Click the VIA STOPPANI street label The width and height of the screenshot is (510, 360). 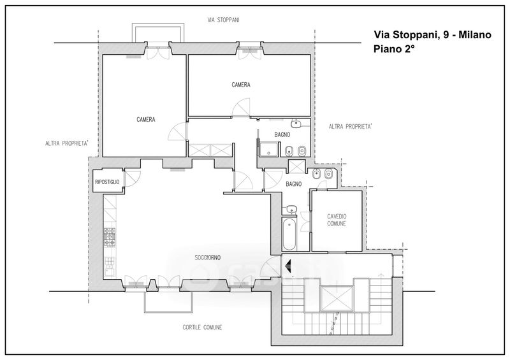click(224, 20)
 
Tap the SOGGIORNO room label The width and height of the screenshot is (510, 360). click(208, 257)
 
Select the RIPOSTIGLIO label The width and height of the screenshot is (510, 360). click(107, 182)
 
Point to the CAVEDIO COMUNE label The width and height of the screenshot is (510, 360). click(337, 220)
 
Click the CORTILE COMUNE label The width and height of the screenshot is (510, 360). click(202, 327)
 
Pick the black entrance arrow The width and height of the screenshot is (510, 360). click(288, 266)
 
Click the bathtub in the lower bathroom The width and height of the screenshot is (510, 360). click(289, 233)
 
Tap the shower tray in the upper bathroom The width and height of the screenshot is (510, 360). click(268, 148)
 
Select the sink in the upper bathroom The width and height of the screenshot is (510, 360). click(296, 123)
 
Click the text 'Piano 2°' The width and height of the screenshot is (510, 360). click(394, 49)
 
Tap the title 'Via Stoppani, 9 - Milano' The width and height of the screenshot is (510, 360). click(432, 34)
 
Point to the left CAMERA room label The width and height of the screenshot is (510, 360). click(146, 120)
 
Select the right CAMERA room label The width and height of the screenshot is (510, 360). click(241, 85)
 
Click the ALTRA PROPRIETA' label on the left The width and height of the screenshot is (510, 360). click(67, 143)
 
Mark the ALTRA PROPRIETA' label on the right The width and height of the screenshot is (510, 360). click(350, 126)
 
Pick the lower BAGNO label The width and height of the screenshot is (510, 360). click(294, 184)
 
